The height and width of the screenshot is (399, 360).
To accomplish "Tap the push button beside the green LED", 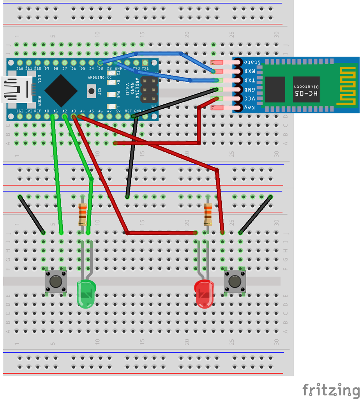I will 56,281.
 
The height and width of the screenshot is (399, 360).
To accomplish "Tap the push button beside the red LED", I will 234,281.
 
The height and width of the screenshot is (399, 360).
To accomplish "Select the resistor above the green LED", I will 83,214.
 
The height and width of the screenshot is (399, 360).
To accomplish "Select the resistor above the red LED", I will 208,214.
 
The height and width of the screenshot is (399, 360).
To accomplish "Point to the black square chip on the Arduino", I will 61,90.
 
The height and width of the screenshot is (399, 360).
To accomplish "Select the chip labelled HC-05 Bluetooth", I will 307,89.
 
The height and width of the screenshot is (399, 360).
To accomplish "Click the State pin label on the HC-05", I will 252,62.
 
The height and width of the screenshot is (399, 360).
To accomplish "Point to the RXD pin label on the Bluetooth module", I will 251,71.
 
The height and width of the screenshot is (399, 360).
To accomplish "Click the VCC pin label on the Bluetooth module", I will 251,99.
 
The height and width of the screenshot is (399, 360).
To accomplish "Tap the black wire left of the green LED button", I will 32,215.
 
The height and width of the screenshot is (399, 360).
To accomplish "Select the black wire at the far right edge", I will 255,215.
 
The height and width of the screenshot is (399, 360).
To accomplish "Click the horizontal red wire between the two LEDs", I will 162,233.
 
